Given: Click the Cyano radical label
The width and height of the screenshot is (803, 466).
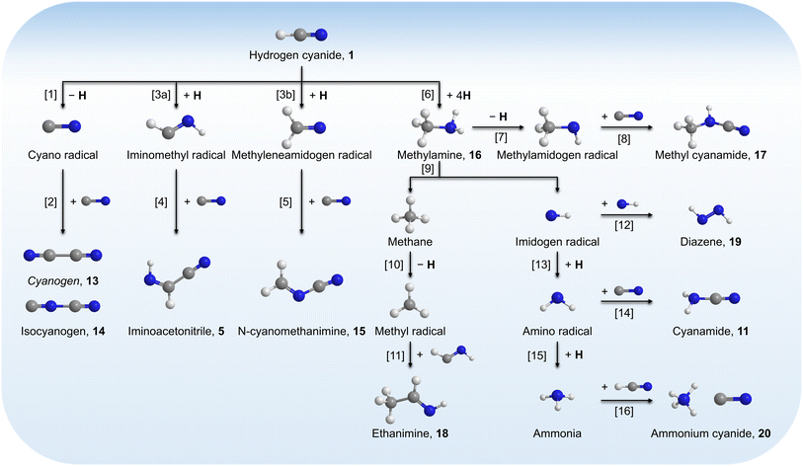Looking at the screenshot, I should click(x=61, y=155).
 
